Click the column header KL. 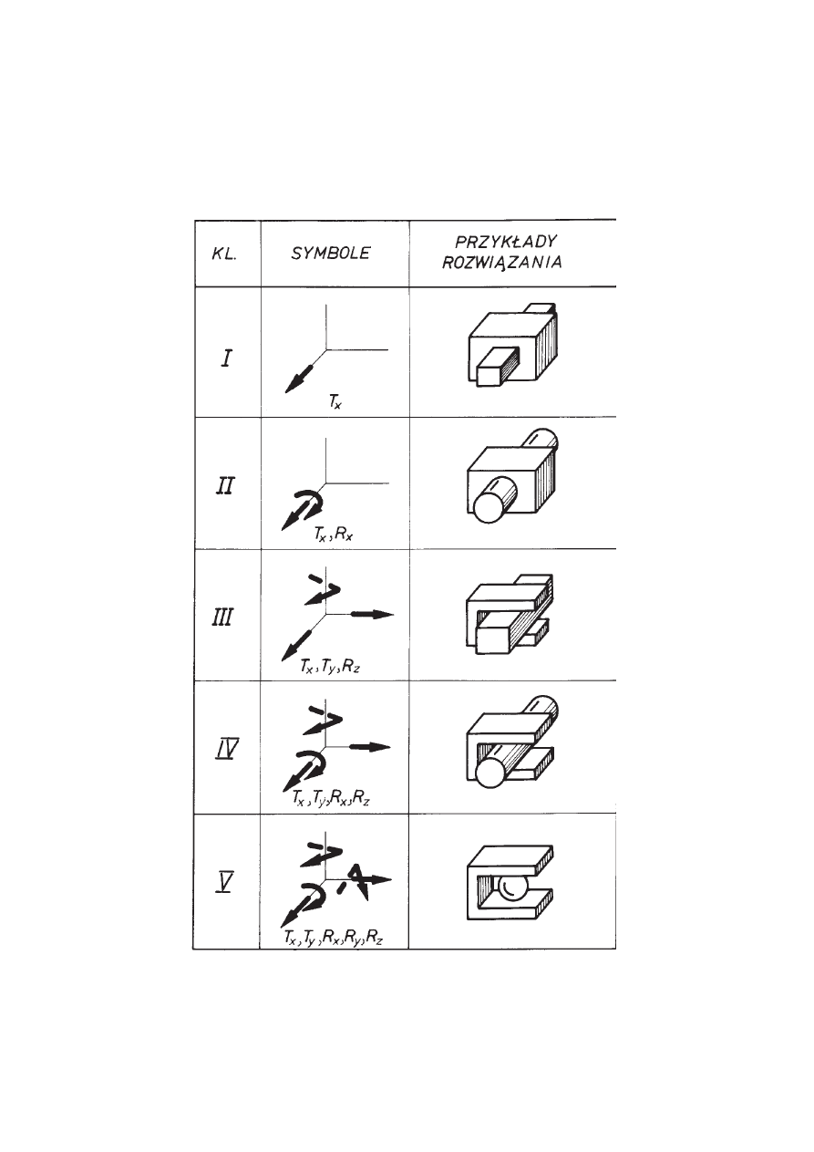(x=224, y=254)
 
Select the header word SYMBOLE (x=330, y=254)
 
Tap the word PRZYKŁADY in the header (x=506, y=241)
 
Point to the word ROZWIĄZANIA (x=502, y=263)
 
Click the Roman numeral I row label (x=226, y=358)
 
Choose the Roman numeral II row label (x=224, y=485)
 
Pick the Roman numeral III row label (x=222, y=617)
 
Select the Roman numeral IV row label (x=225, y=750)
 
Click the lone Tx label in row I (x=335, y=402)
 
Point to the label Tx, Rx (x=333, y=534)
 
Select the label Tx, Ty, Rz (x=330, y=667)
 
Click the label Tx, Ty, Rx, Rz (x=331, y=799)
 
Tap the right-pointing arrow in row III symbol (x=372, y=614)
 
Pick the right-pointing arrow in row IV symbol (x=370, y=747)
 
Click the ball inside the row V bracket (x=510, y=887)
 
